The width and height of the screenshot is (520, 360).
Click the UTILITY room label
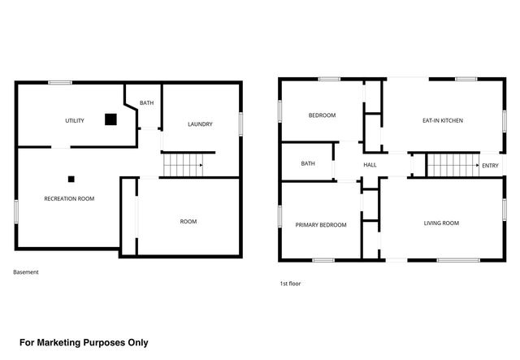75,120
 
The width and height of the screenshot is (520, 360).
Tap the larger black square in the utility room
110,119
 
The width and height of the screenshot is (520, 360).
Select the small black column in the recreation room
71,178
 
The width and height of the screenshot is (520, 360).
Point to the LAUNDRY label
200,124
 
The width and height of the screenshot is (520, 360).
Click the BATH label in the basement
146,103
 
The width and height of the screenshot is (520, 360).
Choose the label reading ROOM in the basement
188,221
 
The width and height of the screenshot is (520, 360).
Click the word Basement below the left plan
26,272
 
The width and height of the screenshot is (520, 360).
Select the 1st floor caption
291,284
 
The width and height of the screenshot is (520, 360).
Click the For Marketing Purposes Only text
84,342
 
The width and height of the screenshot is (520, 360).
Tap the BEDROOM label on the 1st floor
322,115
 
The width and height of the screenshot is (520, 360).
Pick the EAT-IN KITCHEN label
442,120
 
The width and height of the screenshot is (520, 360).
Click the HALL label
370,165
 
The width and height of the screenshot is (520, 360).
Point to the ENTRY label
490,166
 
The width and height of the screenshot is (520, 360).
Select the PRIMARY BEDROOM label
320,224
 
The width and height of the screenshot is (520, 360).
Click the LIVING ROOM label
442,222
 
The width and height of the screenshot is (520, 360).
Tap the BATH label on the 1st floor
308,163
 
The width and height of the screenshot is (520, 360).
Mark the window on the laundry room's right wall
240,122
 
